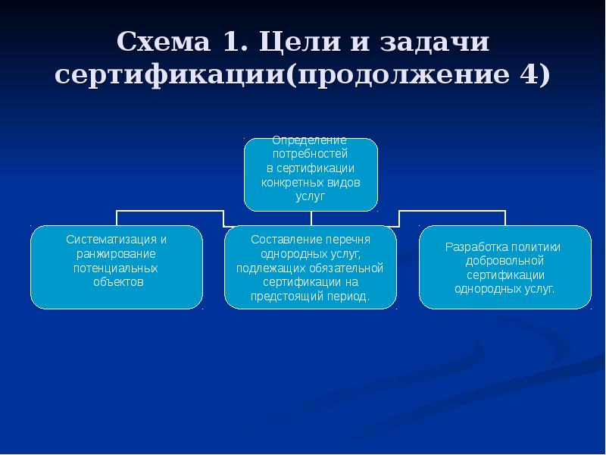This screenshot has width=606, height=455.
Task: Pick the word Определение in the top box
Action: (x=310, y=140)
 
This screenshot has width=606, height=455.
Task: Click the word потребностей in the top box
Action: (x=310, y=154)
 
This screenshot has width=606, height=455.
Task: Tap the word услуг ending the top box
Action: (x=310, y=196)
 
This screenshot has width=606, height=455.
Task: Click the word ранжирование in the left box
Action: (x=116, y=254)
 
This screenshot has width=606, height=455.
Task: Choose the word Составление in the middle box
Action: (x=284, y=240)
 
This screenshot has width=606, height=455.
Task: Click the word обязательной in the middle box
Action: (x=349, y=268)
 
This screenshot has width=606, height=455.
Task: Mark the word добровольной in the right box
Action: (x=505, y=261)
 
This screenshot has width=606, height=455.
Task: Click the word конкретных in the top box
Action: (x=291, y=182)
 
